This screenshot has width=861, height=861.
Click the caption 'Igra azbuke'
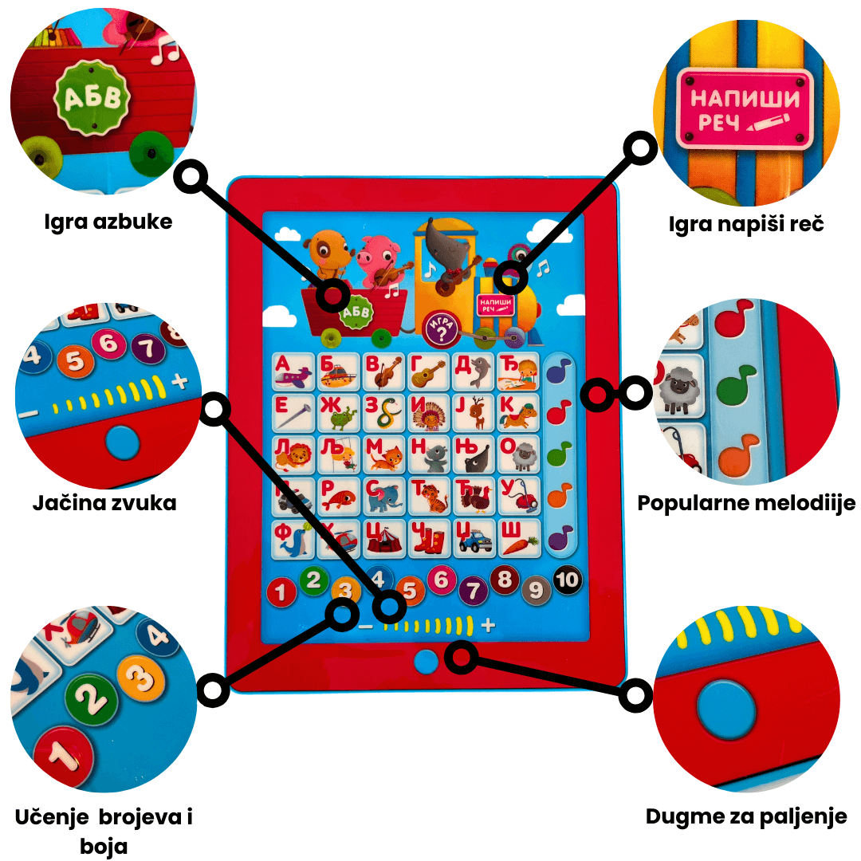pos(108,222)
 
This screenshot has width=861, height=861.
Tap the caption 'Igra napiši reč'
pos(746,224)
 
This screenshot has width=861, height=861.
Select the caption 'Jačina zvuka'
pos(104,502)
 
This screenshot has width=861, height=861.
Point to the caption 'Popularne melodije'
pos(746,503)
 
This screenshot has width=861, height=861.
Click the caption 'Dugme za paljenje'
pos(746,816)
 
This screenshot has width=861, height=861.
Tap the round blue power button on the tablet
pos(426,661)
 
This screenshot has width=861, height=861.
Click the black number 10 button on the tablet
pos(567,580)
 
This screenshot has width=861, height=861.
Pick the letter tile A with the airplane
pos(293,372)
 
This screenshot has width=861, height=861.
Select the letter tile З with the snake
pos(383,413)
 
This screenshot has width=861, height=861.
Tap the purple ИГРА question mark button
pos(441,330)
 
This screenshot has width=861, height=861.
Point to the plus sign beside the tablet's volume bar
pos(488,625)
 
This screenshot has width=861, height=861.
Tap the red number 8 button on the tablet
pos(504,580)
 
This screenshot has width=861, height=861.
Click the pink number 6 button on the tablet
pos(442,580)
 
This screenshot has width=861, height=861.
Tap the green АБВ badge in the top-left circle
pos(92,98)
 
